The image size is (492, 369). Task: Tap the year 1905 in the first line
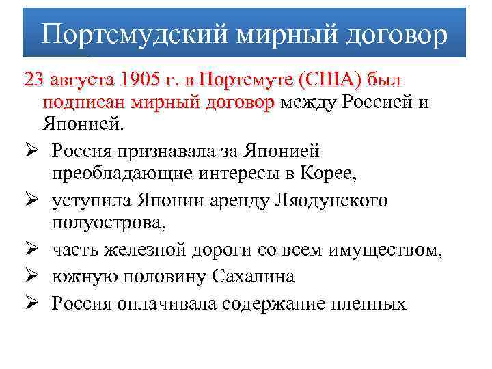[x=139, y=80]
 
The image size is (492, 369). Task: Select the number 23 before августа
[x=32, y=80]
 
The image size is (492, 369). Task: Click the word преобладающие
[x=120, y=175]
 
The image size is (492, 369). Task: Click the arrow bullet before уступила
[x=32, y=200]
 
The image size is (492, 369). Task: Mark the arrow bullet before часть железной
[x=32, y=251]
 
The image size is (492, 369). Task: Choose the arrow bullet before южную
[x=32, y=276]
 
